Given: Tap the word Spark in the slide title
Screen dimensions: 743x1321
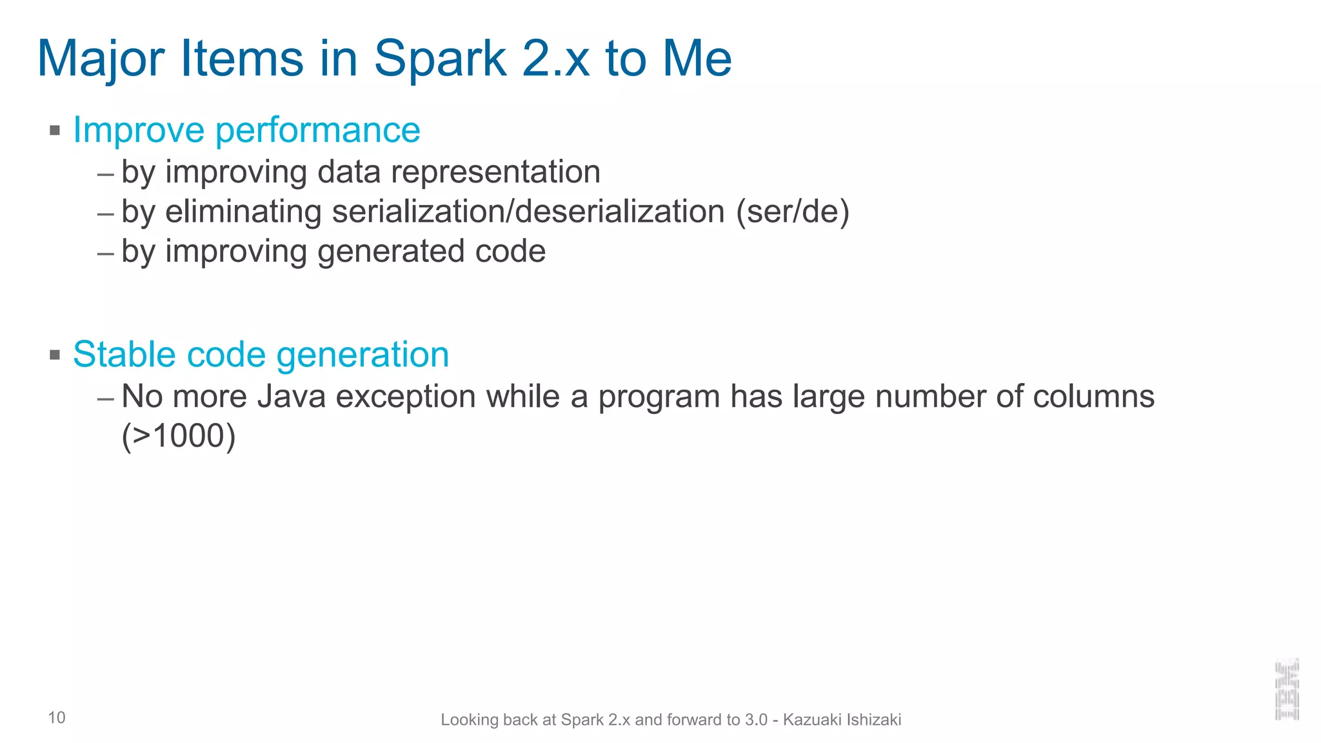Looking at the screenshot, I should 441,59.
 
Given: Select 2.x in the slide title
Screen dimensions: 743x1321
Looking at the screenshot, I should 555,59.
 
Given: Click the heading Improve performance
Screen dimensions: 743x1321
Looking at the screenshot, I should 246,130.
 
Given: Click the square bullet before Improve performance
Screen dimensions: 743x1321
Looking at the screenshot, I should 55,131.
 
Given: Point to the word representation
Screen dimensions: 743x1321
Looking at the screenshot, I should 495,172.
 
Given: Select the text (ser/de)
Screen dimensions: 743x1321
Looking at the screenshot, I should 793,212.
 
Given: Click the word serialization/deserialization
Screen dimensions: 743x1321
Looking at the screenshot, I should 528,212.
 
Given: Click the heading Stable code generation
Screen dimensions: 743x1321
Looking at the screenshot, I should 261,354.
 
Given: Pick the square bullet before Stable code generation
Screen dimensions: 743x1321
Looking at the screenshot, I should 55,355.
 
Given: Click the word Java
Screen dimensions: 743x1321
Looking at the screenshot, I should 291,396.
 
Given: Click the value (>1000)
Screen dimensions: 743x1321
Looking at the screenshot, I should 179,436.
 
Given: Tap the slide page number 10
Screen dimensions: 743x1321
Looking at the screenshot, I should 57,718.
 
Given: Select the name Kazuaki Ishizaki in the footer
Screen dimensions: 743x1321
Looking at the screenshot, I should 842,720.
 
